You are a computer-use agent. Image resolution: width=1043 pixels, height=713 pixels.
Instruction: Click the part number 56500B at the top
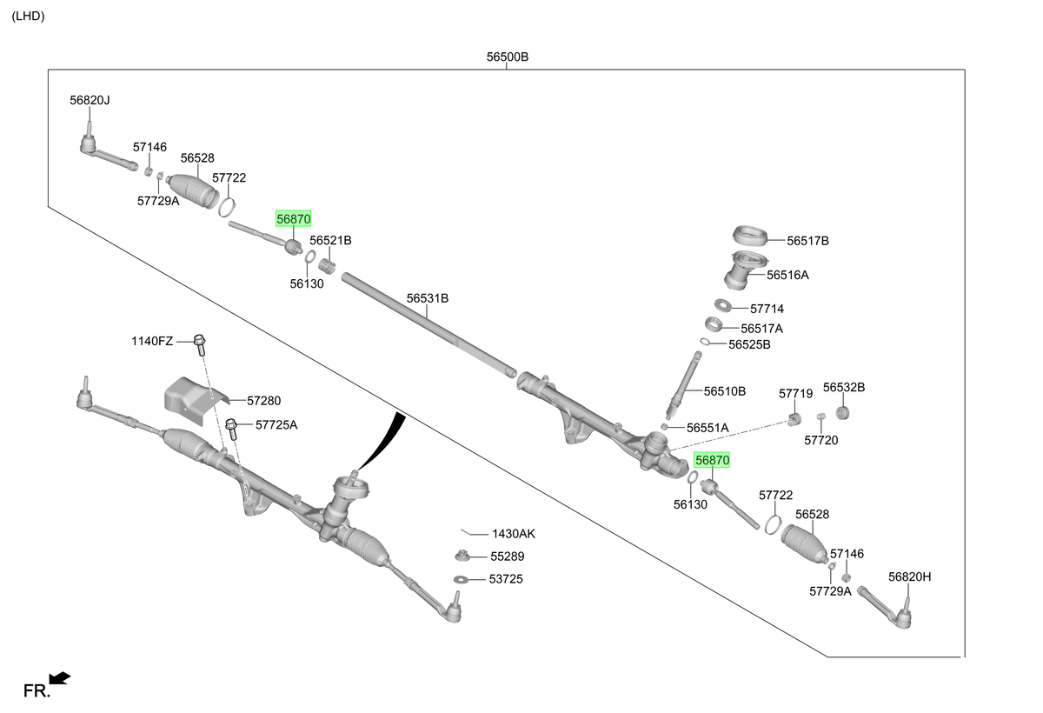(x=507, y=57)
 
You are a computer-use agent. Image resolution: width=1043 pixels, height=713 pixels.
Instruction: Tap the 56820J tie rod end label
(x=90, y=100)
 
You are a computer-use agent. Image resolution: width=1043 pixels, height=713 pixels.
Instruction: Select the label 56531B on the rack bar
(x=428, y=298)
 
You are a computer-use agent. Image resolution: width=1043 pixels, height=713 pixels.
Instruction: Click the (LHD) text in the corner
(x=28, y=16)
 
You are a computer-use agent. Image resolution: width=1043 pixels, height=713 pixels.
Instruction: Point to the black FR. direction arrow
(x=59, y=678)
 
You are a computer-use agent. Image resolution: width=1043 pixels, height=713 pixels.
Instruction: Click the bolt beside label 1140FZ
(x=200, y=344)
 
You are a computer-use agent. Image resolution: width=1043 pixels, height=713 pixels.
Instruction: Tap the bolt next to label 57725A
(x=231, y=429)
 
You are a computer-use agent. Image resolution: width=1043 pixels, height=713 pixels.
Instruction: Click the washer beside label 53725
(x=461, y=579)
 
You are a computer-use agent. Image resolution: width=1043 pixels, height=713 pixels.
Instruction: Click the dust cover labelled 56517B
(x=749, y=237)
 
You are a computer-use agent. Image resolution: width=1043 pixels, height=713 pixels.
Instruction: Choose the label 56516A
(x=787, y=276)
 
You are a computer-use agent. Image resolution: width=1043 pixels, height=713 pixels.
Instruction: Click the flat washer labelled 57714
(x=722, y=305)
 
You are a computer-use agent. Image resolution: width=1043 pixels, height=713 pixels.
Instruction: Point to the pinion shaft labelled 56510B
(x=683, y=385)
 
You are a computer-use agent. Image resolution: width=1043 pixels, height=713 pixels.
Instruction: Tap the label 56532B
(x=844, y=388)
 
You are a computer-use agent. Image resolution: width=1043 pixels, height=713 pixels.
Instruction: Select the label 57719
(x=796, y=394)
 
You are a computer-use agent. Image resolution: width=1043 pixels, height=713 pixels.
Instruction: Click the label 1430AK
(x=514, y=534)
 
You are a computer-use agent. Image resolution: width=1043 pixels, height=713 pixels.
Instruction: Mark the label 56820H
(x=909, y=576)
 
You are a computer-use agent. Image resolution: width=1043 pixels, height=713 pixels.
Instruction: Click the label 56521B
(x=330, y=240)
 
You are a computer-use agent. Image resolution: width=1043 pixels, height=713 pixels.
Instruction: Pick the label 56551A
(x=708, y=428)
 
